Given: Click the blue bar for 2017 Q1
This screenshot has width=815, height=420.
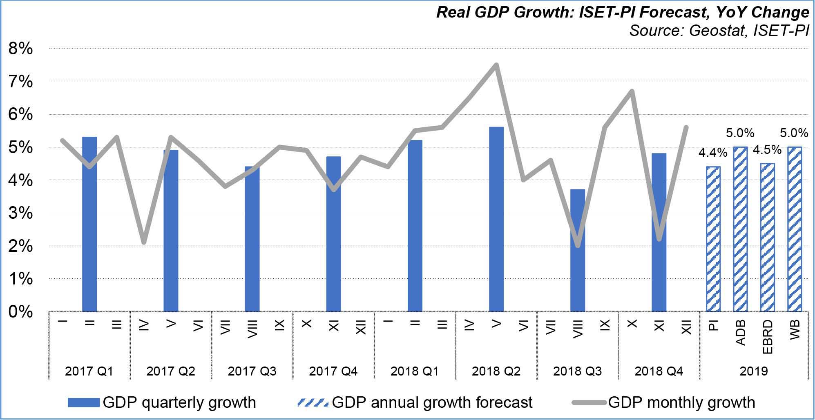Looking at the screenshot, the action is [89, 224].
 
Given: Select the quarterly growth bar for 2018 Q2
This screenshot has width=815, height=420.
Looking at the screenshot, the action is [496, 219].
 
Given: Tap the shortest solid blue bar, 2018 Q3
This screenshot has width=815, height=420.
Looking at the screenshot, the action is [578, 251].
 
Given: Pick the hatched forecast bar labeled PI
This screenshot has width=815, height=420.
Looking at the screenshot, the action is [713, 239].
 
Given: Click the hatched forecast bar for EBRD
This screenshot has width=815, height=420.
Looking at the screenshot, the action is [768, 238].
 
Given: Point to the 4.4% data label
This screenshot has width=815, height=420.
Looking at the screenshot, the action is [713, 153].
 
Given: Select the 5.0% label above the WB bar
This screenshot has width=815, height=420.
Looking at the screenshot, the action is [794, 133].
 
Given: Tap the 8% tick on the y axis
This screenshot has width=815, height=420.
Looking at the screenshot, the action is [20, 49].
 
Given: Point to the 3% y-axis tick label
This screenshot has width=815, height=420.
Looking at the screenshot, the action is [20, 213].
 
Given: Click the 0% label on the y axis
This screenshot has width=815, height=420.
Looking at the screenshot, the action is [20, 312].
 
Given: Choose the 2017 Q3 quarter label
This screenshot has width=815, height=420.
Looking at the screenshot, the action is [252, 371].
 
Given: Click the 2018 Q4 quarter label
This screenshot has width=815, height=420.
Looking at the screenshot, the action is [659, 371].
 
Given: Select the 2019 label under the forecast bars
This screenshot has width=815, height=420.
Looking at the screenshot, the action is [754, 371].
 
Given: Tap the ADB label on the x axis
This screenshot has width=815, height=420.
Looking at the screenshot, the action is [741, 332].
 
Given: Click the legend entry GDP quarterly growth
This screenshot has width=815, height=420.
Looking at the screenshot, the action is [162, 402].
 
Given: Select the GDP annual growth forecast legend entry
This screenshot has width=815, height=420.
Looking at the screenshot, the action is [415, 402].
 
